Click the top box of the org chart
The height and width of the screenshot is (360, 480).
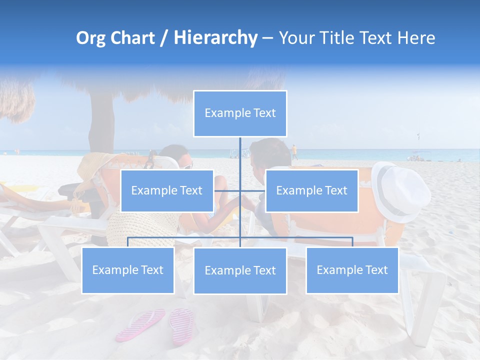pos(240,113)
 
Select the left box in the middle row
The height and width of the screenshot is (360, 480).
pos(167,190)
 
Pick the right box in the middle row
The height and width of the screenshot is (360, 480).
pos(311,190)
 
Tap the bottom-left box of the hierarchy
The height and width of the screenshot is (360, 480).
pos(128,270)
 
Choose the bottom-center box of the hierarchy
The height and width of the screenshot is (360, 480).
pos(240,270)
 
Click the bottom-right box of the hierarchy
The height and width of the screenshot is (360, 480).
pos(352,270)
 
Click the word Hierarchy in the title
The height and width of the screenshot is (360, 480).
pos(215,38)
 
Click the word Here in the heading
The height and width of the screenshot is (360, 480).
pos(416,38)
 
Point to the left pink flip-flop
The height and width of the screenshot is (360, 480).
pos(140,324)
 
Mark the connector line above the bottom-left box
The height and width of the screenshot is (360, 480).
pos(128,242)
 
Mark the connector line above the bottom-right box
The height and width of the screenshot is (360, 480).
pos(352,242)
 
